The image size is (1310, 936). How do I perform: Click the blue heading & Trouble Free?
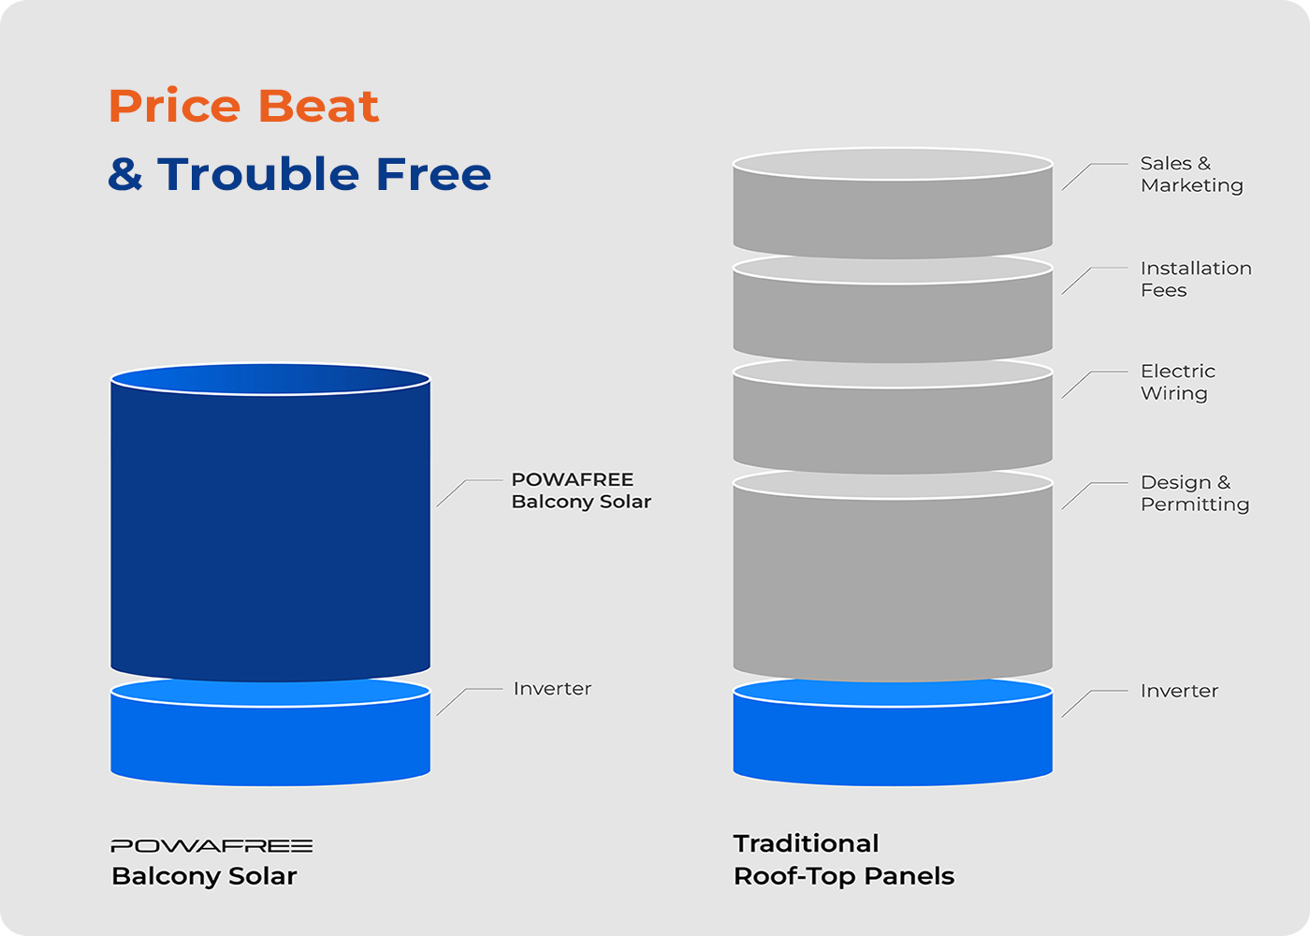pyautogui.click(x=299, y=174)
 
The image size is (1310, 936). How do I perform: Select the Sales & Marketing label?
pyautogui.click(x=1191, y=174)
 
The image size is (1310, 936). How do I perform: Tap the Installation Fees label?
pyautogui.click(x=1196, y=279)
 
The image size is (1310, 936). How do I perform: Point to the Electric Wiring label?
pyautogui.click(x=1178, y=382)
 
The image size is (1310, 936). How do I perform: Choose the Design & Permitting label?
pyautogui.click(x=1195, y=493)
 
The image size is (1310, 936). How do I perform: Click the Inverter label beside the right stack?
pyautogui.click(x=1179, y=691)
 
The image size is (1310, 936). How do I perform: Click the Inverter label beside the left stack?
pyautogui.click(x=552, y=689)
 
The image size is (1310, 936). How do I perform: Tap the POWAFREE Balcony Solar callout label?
pyautogui.click(x=581, y=490)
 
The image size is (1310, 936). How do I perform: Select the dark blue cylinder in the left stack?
pyautogui.click(x=270, y=522)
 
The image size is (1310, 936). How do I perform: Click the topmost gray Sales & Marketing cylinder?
pyautogui.click(x=893, y=203)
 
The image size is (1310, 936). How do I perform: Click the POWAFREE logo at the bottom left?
pyautogui.click(x=211, y=846)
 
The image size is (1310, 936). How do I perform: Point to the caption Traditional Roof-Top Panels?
pyautogui.click(x=844, y=860)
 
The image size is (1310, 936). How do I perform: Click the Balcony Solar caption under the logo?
pyautogui.click(x=204, y=876)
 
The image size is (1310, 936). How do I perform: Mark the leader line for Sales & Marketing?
pyautogui.click(x=1093, y=175)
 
